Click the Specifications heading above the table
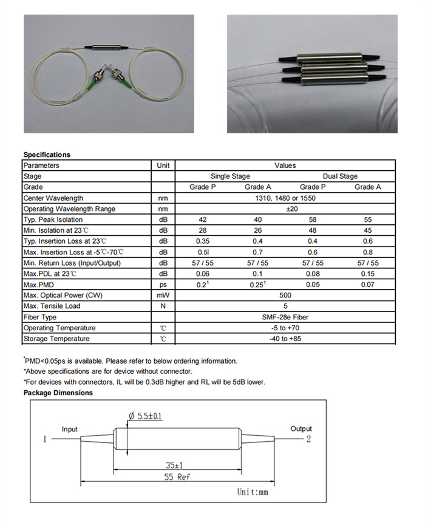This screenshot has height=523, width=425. pos(47,155)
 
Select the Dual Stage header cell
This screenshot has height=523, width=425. pos(340,176)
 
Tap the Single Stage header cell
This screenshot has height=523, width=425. pos(229,176)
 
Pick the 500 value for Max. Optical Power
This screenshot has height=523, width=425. pos(285,295)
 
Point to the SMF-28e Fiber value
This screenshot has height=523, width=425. pos(285,317)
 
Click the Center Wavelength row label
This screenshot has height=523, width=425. pos(53,198)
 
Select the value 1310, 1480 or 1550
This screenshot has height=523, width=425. pos(285,198)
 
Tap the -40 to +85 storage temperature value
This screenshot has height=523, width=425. pos(285,339)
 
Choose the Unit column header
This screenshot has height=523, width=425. pos(163,165)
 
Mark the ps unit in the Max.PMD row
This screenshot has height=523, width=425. pos(163,284)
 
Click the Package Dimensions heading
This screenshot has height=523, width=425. pos(58,393)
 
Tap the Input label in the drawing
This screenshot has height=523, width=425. pos(70,429)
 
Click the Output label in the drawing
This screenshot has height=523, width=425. pos(301,428)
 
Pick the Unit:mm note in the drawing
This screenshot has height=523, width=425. pos(252,492)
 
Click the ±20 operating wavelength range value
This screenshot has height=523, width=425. pos(285,209)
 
